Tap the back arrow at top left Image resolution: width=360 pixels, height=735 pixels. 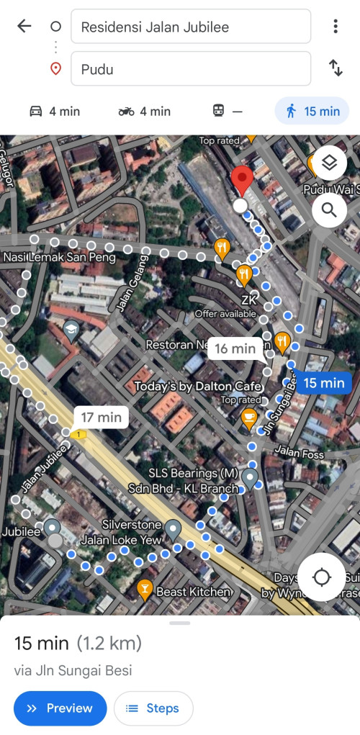coord(24,27)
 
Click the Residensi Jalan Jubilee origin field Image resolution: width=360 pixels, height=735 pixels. coord(191,27)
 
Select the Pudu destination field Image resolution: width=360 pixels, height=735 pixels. coord(191,69)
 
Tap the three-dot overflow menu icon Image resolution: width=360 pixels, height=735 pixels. coord(336,27)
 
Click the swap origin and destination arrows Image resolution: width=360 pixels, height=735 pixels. coord(336,68)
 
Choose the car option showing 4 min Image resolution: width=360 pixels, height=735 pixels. coord(54,111)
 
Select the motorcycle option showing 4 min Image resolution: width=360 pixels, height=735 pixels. coord(144,111)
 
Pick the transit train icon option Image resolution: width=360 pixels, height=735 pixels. coord(228,111)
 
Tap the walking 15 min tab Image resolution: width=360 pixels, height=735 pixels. coord(312,111)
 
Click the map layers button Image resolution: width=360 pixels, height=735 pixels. coord(329,163)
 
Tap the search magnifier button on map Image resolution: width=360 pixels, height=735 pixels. coord(329,209)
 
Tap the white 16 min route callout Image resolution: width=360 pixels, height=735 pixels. coord(235,349)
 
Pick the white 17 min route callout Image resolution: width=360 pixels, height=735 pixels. coord(101,417)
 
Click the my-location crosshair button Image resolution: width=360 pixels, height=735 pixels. coord(321,577)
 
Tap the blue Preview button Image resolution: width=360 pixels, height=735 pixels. coord(60,708)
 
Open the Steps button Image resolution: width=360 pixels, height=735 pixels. coord(153,708)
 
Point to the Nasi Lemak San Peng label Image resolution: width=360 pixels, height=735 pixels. coord(50,257)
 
